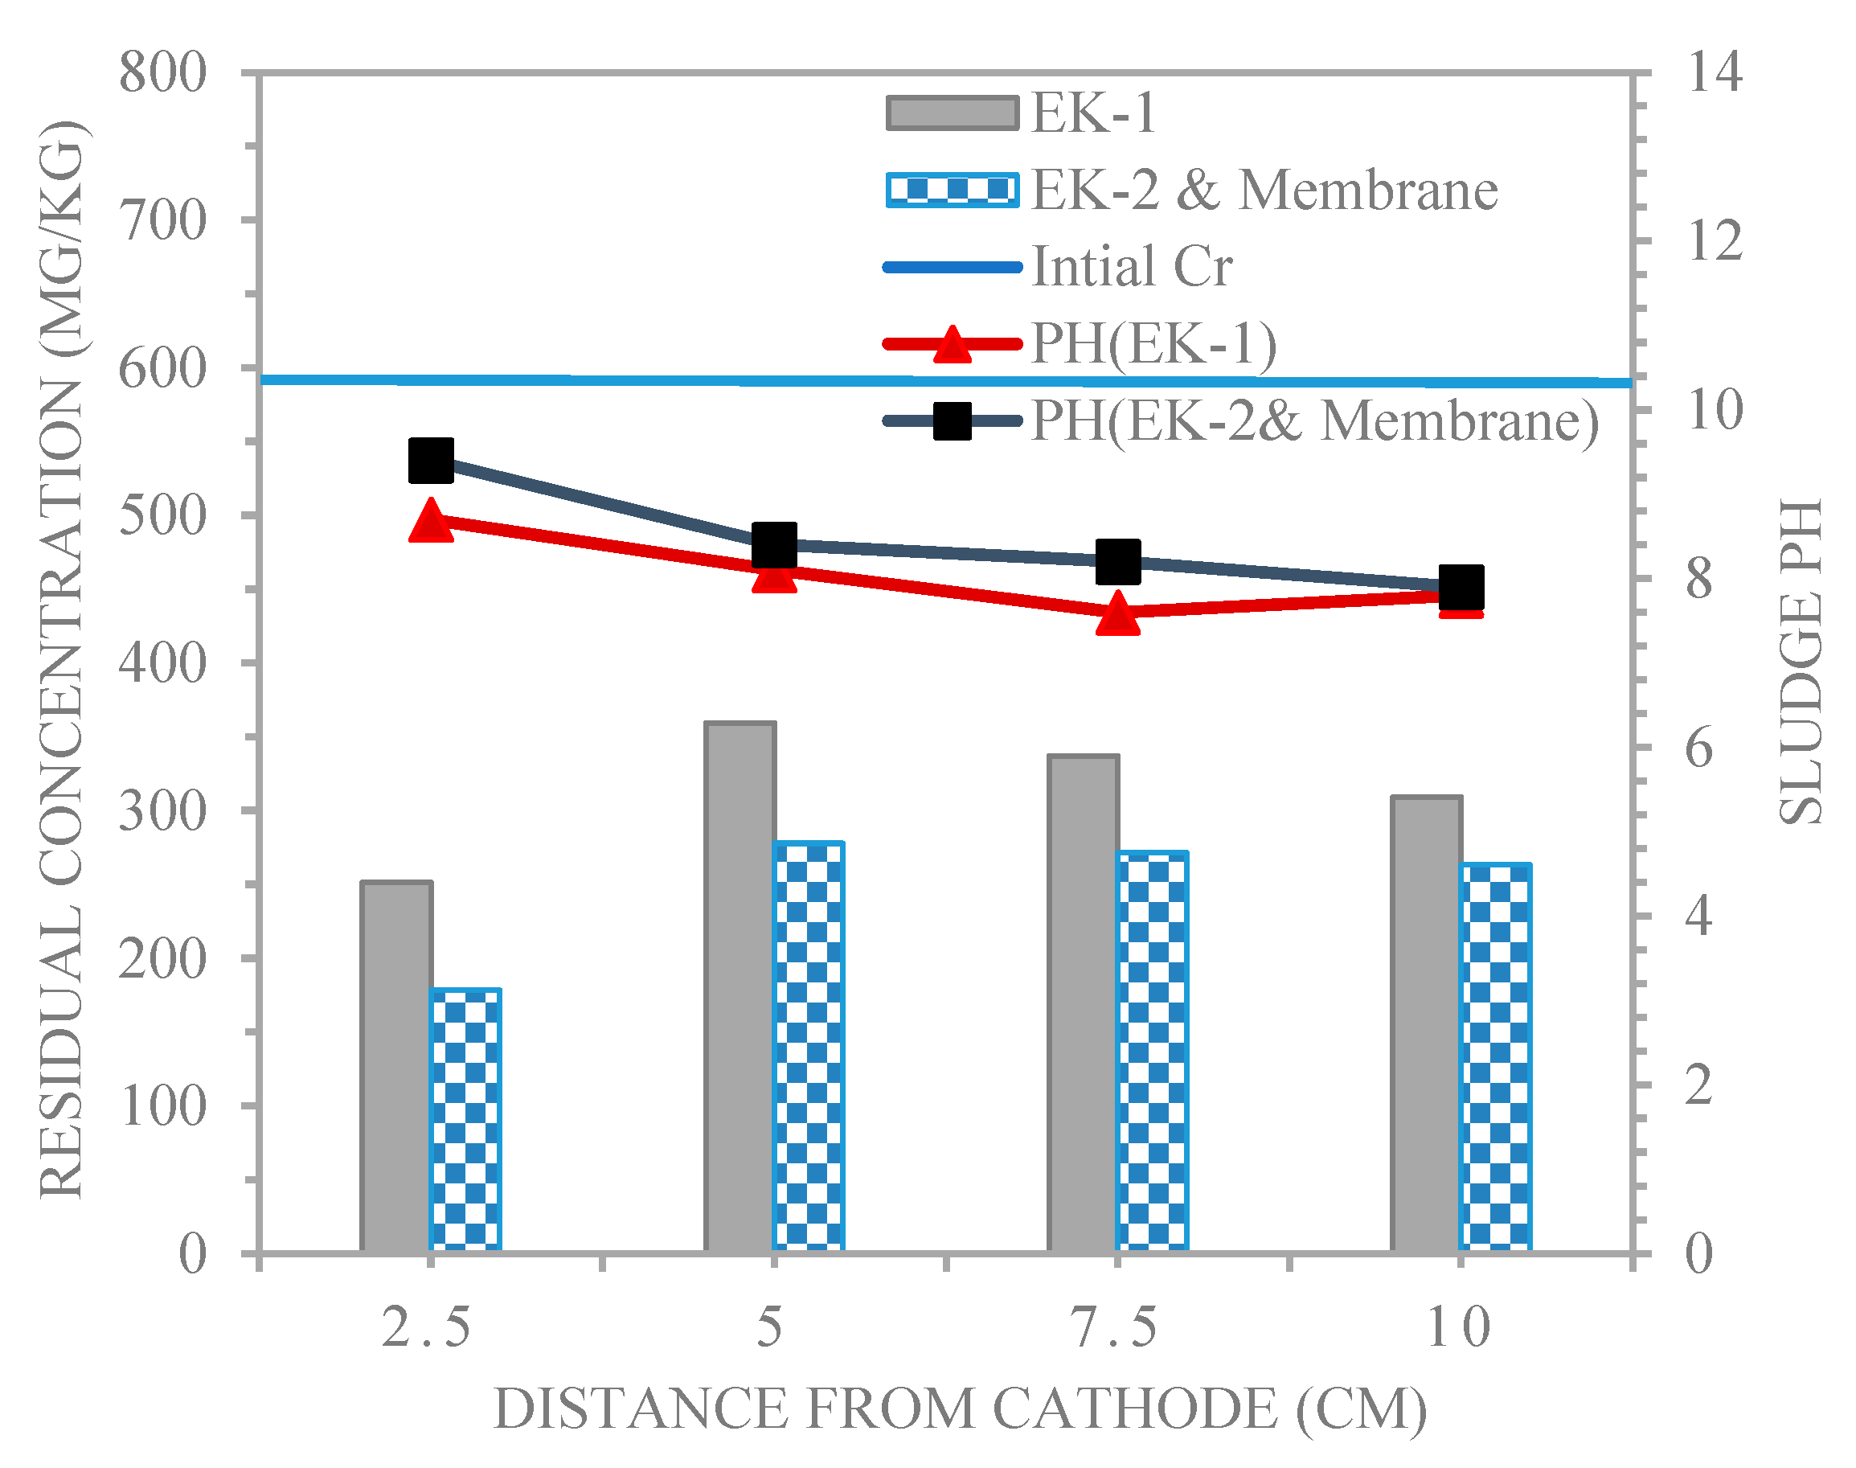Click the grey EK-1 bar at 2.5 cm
(x=396, y=1066)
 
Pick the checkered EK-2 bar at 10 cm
(x=1496, y=1057)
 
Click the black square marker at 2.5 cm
(x=432, y=460)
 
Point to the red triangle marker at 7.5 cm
(x=1117, y=613)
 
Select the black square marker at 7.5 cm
(x=1118, y=561)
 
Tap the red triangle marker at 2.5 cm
(x=432, y=521)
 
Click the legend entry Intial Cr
(x=1131, y=266)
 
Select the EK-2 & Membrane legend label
(x=1263, y=190)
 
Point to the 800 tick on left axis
(x=162, y=72)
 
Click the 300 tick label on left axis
(x=162, y=810)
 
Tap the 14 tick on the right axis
(x=1715, y=72)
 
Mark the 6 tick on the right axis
(x=1698, y=748)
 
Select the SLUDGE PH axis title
(x=1801, y=662)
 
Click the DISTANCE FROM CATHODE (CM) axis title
(x=960, y=1409)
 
